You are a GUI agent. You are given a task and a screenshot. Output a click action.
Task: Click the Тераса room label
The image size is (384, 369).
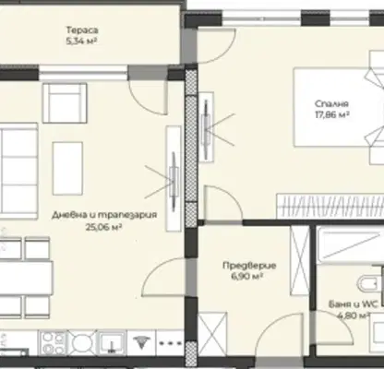click(82, 30)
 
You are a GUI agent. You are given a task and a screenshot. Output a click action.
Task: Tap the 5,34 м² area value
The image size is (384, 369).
click(82, 41)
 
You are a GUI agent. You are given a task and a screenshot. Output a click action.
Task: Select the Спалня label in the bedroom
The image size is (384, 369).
click(331, 103)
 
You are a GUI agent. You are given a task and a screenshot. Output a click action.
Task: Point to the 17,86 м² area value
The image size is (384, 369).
click(332, 114)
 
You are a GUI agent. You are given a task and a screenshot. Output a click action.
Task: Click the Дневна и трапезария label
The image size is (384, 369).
click(104, 214)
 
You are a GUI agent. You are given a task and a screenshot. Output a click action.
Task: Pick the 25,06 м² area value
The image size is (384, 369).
click(104, 227)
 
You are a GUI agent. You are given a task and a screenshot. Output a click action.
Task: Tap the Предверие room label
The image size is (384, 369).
click(249, 265)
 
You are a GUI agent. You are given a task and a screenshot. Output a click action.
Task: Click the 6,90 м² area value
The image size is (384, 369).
click(247, 277)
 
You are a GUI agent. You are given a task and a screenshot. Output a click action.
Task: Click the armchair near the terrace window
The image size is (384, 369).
click(65, 103)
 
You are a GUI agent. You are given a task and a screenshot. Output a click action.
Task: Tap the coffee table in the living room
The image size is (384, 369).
click(67, 169)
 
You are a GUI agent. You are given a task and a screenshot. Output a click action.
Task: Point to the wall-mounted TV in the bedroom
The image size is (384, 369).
click(206, 126)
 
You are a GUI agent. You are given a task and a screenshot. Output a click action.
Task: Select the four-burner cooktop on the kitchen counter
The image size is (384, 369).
click(53, 343)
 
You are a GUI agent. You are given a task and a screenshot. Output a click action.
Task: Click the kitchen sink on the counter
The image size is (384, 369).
click(112, 342)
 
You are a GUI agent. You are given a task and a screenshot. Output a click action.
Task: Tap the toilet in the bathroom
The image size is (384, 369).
click(370, 283)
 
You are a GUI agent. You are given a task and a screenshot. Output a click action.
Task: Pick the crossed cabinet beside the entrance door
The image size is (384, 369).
click(212, 330)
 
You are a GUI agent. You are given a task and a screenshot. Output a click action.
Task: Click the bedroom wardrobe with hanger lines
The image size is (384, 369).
click(330, 206)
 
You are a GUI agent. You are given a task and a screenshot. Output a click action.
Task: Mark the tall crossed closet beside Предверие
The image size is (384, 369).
click(300, 260)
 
